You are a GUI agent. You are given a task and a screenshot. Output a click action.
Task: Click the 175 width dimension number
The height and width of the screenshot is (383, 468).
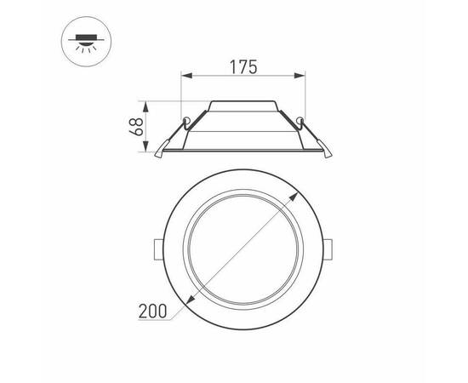(243, 66)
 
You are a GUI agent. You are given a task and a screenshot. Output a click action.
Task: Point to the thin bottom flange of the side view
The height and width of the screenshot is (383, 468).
(244, 153)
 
